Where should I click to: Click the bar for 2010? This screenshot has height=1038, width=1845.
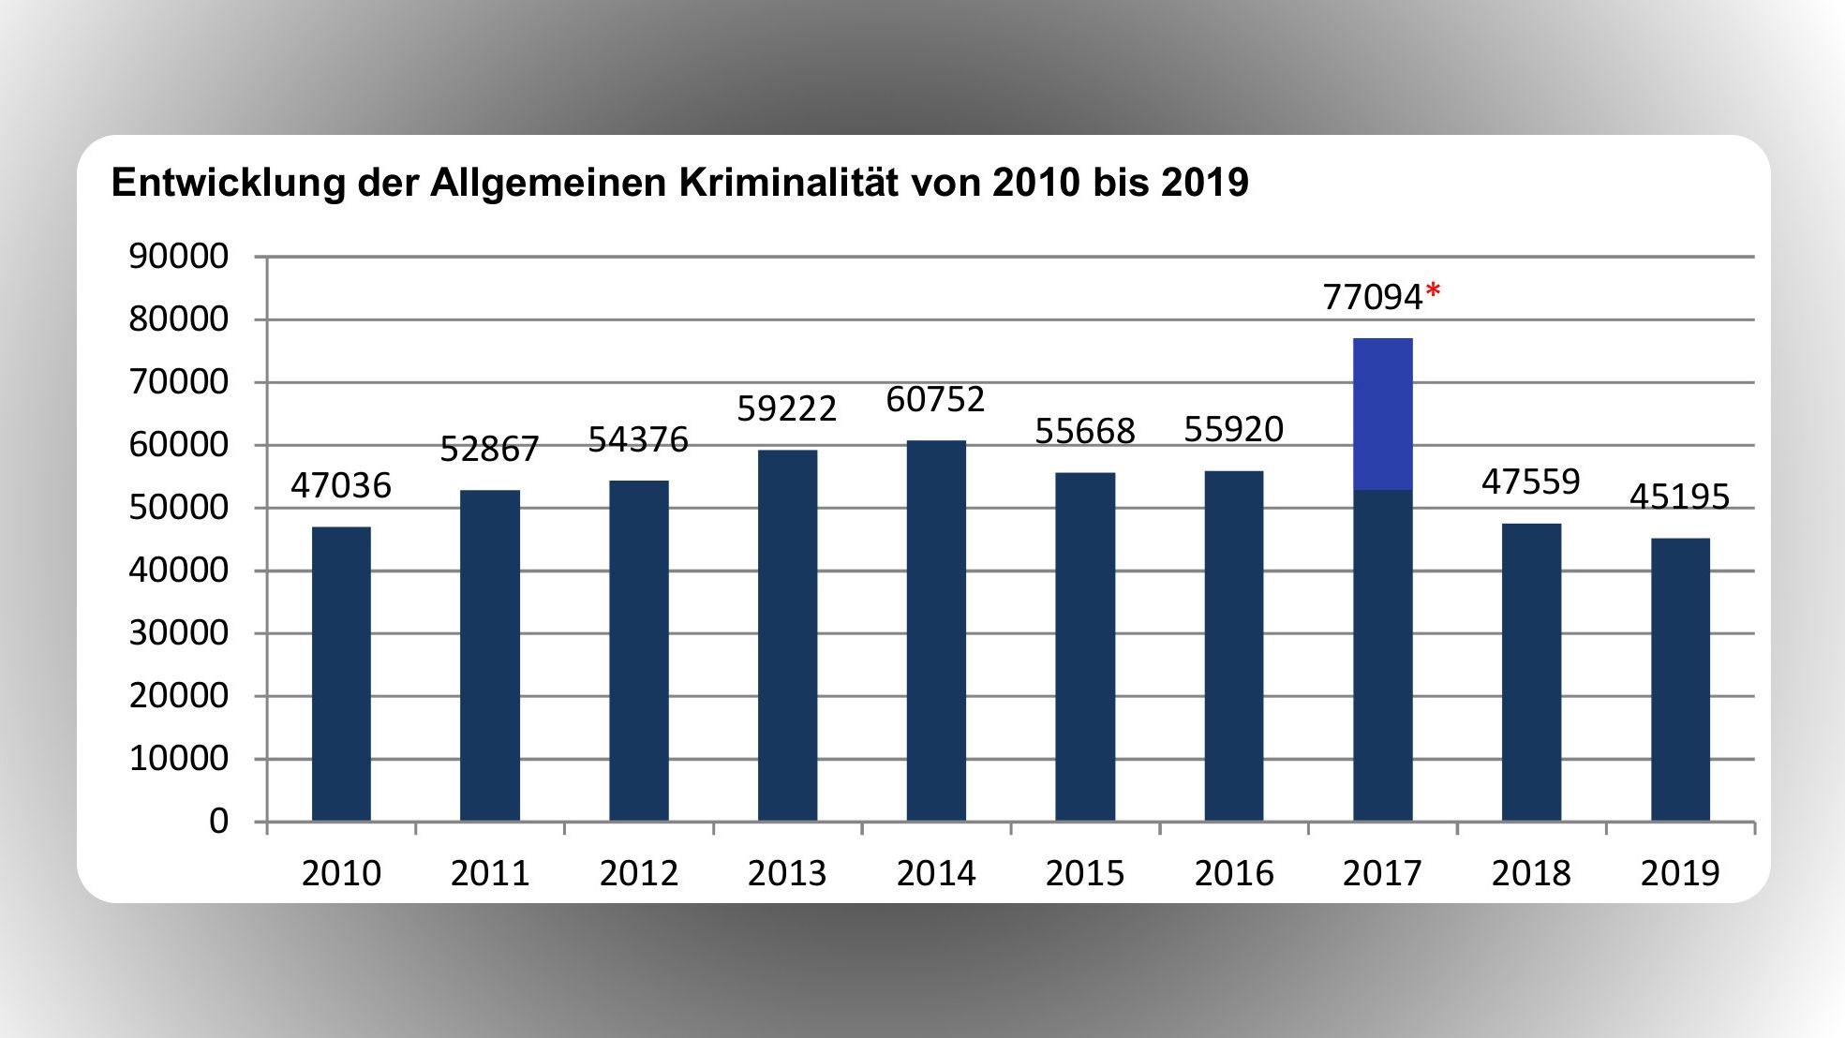(341, 675)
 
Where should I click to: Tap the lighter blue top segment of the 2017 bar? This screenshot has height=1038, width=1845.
(1382, 414)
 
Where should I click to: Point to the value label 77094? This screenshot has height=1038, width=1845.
(1373, 297)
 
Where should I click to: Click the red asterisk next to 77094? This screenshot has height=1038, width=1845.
(1433, 294)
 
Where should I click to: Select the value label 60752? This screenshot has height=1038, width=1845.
(935, 400)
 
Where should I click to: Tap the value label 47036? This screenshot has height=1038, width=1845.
(341, 485)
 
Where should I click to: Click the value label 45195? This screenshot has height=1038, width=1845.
(1679, 497)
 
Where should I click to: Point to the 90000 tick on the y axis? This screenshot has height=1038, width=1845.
(178, 257)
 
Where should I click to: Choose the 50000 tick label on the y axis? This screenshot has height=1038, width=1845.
(178, 508)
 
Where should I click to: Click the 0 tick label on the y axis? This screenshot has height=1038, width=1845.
(218, 822)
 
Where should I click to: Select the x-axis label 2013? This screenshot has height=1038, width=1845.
(787, 873)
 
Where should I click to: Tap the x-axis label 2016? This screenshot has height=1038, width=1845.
(1233, 873)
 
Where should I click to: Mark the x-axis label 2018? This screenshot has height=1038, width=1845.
(1531, 873)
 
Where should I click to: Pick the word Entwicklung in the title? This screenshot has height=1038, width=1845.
(229, 183)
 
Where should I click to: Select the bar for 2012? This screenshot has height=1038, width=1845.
(639, 651)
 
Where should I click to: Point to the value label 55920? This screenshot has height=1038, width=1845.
(1233, 429)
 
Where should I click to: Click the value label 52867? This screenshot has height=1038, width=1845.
(489, 450)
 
